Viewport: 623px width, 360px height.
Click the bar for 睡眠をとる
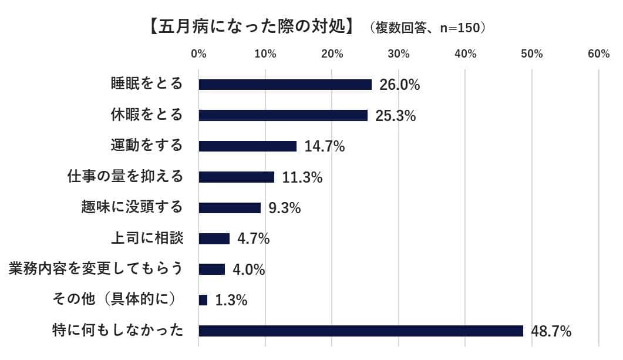tap(285, 85)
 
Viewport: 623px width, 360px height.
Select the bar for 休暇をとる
tap(283, 116)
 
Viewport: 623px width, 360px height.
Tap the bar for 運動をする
tap(248, 146)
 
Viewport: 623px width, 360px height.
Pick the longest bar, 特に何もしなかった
tap(361, 331)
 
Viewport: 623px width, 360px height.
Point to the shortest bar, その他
tap(203, 300)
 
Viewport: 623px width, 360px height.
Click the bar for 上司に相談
tap(214, 238)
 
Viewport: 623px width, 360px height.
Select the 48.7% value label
tap(551, 331)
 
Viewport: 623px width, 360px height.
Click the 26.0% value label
tap(399, 85)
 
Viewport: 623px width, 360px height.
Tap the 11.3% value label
tap(302, 177)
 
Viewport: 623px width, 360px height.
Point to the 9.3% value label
tap(284, 208)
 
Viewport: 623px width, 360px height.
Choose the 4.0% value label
tap(249, 270)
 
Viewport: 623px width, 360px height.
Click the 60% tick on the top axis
tap(598, 54)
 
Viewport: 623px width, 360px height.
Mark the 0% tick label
tap(199, 54)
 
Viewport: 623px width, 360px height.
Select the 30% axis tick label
tap(399, 54)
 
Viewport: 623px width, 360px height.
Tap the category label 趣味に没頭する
tap(132, 207)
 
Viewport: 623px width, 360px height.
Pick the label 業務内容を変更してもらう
tap(96, 269)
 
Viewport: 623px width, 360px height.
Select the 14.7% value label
tap(324, 147)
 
